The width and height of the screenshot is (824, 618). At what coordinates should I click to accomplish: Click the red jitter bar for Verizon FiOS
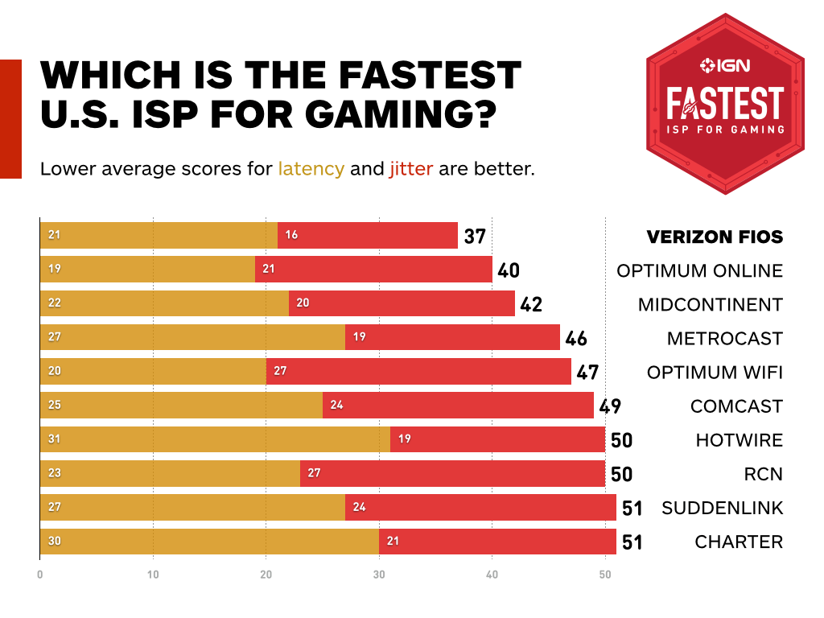[368, 236]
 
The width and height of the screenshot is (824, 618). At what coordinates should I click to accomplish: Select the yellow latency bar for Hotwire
[215, 439]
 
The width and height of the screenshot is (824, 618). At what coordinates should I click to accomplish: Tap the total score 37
[475, 237]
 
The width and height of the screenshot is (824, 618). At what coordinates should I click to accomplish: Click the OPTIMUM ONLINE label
[699, 270]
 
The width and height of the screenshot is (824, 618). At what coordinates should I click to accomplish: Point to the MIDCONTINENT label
[710, 304]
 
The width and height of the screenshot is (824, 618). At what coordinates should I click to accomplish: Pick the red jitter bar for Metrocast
[452, 337]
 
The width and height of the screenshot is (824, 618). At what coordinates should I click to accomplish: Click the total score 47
[587, 372]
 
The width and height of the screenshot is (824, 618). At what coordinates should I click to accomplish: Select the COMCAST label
[736, 406]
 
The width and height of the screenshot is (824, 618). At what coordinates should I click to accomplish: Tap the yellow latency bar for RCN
[170, 473]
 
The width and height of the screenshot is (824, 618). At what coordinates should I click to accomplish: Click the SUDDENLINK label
[722, 508]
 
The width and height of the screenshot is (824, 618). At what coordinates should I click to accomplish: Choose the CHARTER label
[739, 542]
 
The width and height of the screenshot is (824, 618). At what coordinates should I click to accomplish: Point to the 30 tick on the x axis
[379, 575]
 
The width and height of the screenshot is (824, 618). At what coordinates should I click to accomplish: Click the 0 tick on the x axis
[40, 575]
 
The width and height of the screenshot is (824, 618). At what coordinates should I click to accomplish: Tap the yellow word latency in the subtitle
[311, 170]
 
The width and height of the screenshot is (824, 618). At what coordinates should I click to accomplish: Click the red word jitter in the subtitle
[410, 170]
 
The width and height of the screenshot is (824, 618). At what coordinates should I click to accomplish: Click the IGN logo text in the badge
[725, 65]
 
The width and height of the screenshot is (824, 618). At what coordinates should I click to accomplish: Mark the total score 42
[531, 304]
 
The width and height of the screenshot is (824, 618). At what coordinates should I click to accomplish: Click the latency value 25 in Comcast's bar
[54, 405]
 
